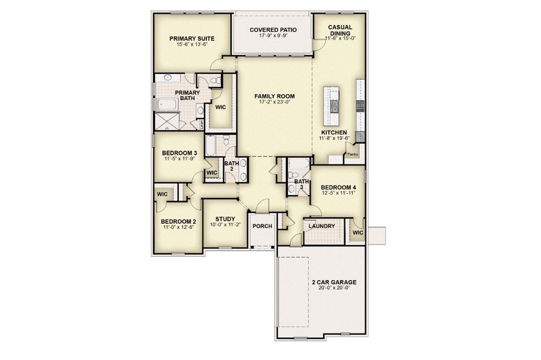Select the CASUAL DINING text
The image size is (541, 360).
pyautogui.click(x=340, y=31)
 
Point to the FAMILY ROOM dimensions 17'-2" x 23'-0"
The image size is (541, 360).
pyautogui.click(x=274, y=103)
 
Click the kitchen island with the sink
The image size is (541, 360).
pyautogui.click(x=332, y=101)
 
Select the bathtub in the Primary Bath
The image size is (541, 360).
pyautogui.click(x=167, y=105)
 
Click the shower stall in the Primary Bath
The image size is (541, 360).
pyautogui.click(x=167, y=121)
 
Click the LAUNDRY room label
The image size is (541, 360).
pyautogui.click(x=321, y=226)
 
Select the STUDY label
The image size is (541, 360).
pyautogui.click(x=224, y=219)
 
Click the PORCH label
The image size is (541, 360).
pyautogui.click(x=262, y=226)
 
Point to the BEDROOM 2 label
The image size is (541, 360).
pyautogui.click(x=179, y=221)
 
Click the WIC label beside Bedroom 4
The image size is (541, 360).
pyautogui.click(x=358, y=233)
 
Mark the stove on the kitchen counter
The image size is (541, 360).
pyautogui.click(x=360, y=106)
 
